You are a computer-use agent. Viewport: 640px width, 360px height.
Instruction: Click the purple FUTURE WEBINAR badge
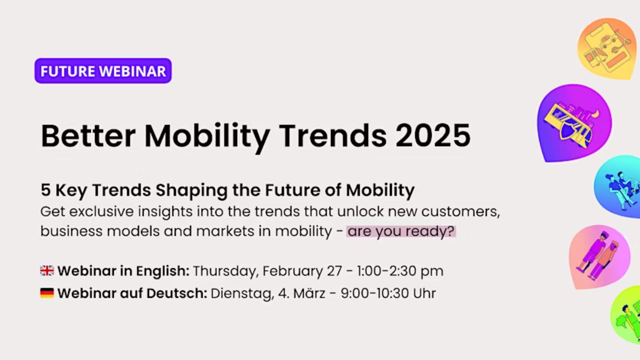tap(103, 71)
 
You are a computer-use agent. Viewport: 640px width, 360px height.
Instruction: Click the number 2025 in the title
tap(433, 136)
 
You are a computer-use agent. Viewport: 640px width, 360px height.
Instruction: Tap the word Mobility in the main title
tap(207, 137)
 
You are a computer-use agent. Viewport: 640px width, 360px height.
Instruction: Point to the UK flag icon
tap(47, 271)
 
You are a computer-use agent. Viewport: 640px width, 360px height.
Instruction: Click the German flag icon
tap(47, 293)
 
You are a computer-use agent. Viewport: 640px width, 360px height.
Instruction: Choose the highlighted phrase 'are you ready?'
tap(401, 231)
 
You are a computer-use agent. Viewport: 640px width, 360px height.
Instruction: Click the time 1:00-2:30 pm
tap(400, 271)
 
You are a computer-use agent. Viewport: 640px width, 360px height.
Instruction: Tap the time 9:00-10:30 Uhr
tap(388, 293)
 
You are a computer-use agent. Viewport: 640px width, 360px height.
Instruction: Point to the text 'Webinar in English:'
tap(123, 271)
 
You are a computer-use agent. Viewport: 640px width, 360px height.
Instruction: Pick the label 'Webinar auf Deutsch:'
tap(132, 293)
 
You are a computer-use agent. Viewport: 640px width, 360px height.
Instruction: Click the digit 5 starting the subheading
tap(46, 190)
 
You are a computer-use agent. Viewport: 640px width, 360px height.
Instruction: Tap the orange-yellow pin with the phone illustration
tap(607, 49)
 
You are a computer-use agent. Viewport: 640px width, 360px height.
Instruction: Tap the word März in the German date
tap(309, 293)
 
